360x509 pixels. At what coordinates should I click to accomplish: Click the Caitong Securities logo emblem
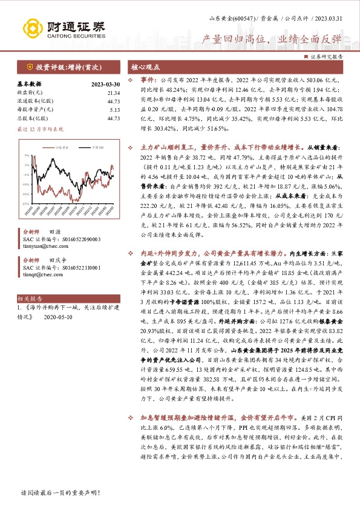coord(31,28)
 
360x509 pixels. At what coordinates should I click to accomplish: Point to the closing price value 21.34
coord(114,93)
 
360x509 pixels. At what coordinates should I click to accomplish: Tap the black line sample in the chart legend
coord(84,147)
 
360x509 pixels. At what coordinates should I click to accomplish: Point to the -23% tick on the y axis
coord(27,184)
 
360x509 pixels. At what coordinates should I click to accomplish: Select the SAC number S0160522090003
coord(72,239)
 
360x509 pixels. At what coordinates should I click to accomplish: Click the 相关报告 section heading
coord(29,299)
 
